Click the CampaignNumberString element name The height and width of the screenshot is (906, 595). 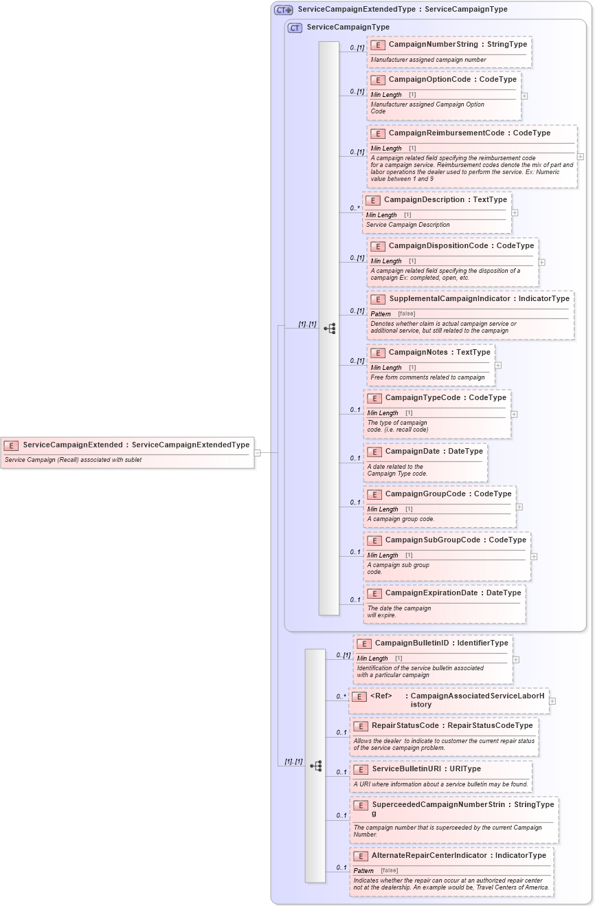pyautogui.click(x=433, y=44)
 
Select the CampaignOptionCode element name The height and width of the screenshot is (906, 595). pyautogui.click(x=429, y=80)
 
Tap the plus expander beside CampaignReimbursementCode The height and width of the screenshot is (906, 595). pyautogui.click(x=581, y=157)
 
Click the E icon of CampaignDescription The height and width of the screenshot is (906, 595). pyautogui.click(x=373, y=201)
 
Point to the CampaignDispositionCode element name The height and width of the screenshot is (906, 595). pyautogui.click(x=440, y=246)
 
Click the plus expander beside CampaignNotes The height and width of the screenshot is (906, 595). pyautogui.click(x=498, y=366)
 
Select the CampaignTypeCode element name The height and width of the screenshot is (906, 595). pyautogui.click(x=426, y=398)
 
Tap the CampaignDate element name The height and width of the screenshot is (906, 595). pyautogui.click(x=416, y=452)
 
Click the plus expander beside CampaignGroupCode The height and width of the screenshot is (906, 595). pyautogui.click(x=519, y=507)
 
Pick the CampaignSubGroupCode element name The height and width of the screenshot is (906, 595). pyautogui.click(x=431, y=540)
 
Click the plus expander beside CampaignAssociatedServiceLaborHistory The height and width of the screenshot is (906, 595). pyautogui.click(x=552, y=701)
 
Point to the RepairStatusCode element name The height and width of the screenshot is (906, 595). pyautogui.click(x=405, y=725)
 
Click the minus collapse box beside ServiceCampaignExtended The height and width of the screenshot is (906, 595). pyautogui.click(x=258, y=453)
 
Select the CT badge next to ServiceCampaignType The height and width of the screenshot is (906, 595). pyautogui.click(x=295, y=27)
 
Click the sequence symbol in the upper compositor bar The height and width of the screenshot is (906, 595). pyautogui.click(x=329, y=329)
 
